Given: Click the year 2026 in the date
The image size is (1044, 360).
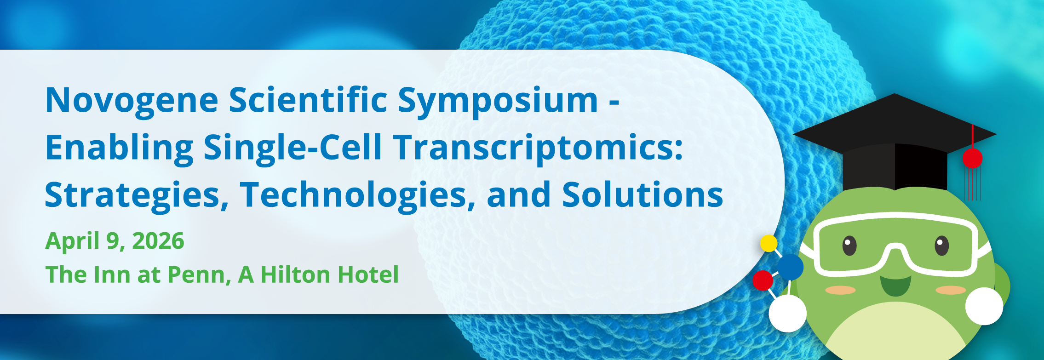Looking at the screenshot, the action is pyautogui.click(x=158, y=241).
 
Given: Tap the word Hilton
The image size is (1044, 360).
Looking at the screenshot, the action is pyautogui.click(x=295, y=274).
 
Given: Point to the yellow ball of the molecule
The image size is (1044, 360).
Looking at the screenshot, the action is pyautogui.click(x=769, y=243).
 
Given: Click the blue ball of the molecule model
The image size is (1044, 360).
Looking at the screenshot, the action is pyautogui.click(x=791, y=267).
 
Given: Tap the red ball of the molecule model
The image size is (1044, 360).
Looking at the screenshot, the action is pyautogui.click(x=763, y=280).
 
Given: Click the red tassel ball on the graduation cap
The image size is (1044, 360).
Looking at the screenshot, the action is pyautogui.click(x=972, y=158).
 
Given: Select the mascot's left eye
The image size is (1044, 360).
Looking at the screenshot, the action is pyautogui.click(x=849, y=246).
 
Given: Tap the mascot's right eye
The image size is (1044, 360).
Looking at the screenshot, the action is pyautogui.click(x=941, y=246).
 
